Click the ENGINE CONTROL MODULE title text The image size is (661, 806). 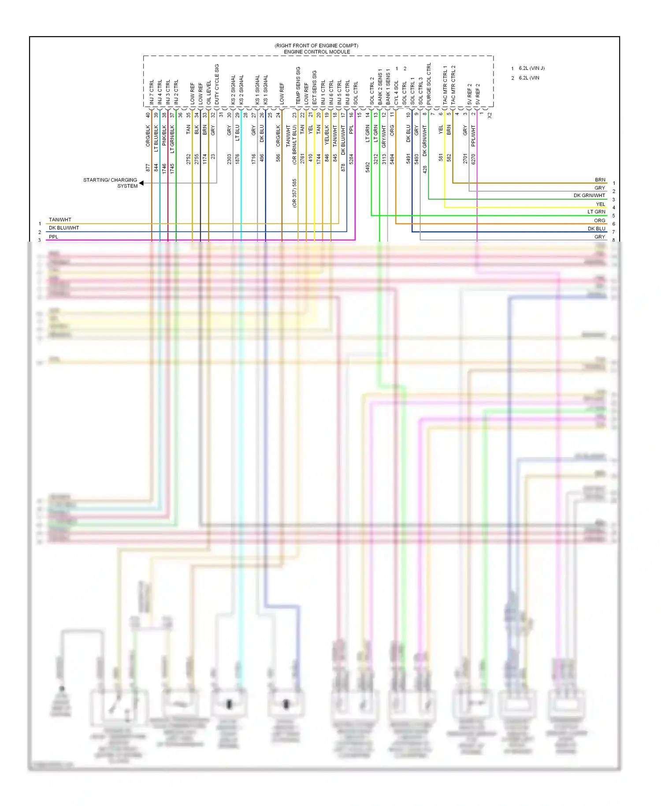[317, 52]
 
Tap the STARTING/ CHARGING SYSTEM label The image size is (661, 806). [110, 183]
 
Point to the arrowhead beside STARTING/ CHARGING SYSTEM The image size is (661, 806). [141, 183]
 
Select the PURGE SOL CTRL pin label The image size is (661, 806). [429, 84]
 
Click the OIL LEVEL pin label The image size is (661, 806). [209, 93]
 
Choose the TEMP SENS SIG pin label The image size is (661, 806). [298, 86]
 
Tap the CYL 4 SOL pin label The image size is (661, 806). [396, 92]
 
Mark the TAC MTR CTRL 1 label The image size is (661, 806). [445, 85]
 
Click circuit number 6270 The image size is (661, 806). [473, 159]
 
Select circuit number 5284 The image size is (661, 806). [351, 159]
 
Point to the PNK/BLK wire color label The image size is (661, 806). [164, 135]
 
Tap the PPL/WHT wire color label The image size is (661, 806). [473, 135]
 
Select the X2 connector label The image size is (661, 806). [490, 115]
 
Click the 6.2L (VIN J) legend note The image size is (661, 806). [531, 68]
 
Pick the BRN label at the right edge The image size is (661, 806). [600, 180]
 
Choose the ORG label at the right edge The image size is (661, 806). [599, 220]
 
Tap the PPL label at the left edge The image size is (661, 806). [53, 237]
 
